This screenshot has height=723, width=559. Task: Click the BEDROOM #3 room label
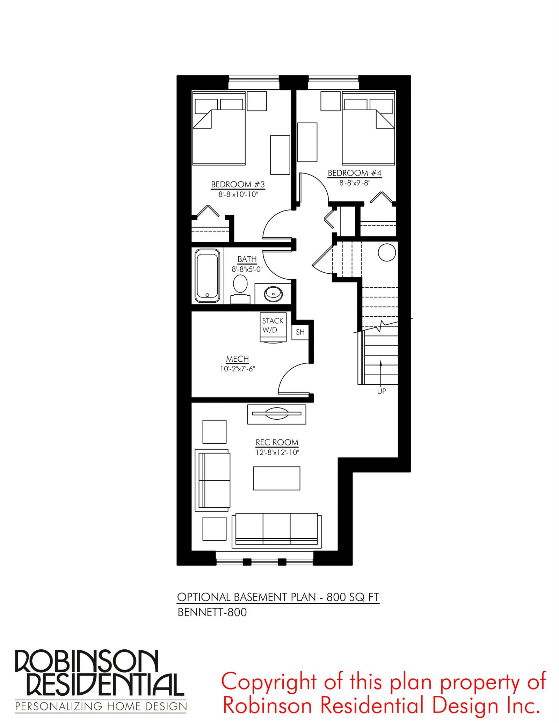pos(238,184)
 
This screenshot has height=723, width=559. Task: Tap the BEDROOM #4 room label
pos(354,173)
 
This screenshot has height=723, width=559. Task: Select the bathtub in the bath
pos(208,275)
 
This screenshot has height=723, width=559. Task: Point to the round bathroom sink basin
pos(273,294)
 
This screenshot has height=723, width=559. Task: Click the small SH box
pos(300,332)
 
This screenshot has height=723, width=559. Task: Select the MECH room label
pos(238,359)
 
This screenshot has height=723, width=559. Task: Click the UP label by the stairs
pos(382,391)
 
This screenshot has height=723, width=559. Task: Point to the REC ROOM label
pos(277,442)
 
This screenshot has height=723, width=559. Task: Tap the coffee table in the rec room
pos(277,478)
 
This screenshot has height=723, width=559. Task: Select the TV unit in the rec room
pos(277,414)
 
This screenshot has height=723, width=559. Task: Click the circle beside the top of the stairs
pos(387,252)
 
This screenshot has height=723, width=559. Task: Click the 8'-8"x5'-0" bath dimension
pos(247,269)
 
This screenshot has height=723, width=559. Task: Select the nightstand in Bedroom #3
pos(257,101)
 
